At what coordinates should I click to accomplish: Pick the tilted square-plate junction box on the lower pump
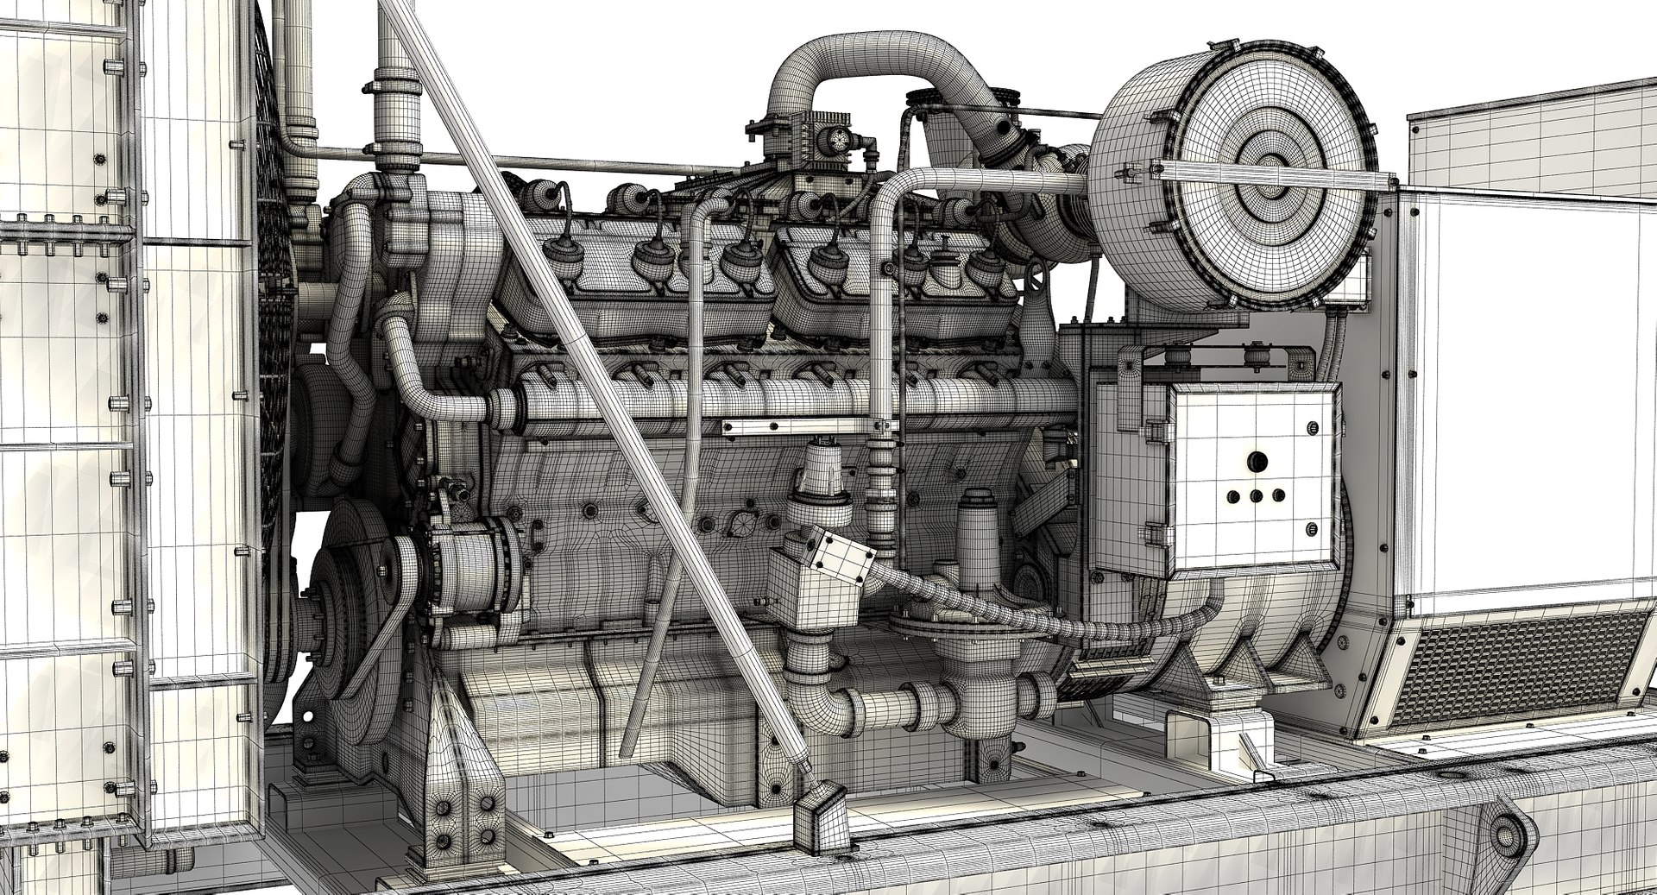(833, 556)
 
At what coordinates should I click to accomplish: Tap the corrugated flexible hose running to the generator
(1036, 613)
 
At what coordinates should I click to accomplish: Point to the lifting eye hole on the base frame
(1508, 835)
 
